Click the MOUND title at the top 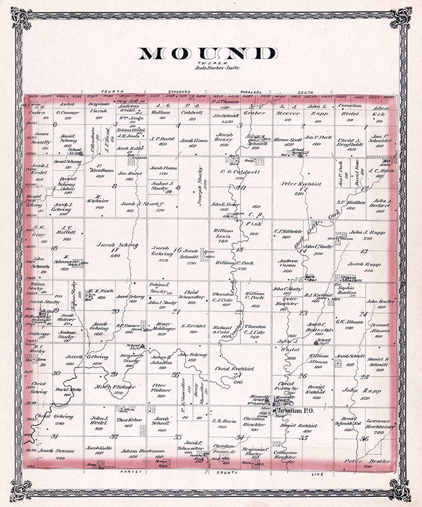(208, 54)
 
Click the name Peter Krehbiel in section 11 (301, 184)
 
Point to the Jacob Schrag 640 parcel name (117, 245)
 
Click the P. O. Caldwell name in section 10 (240, 172)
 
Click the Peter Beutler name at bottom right (367, 461)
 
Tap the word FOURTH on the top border (112, 92)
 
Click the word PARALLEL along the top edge (251, 92)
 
